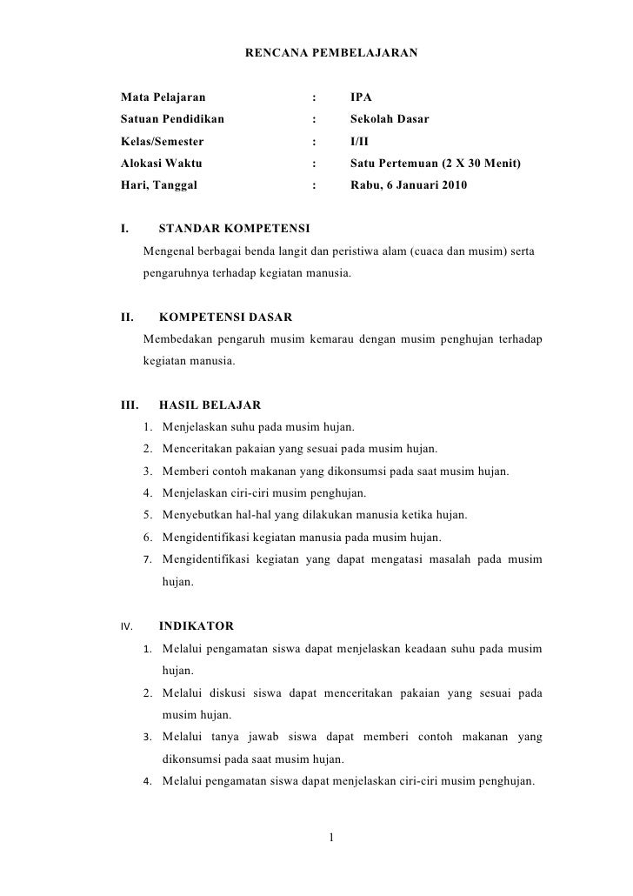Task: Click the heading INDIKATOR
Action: pyautogui.click(x=196, y=625)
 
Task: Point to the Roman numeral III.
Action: pyautogui.click(x=129, y=405)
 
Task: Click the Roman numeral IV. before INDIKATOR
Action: pyautogui.click(x=125, y=625)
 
